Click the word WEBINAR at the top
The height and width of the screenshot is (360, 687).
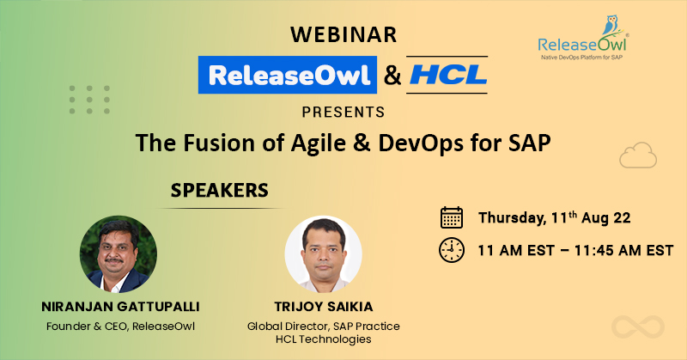point(343,34)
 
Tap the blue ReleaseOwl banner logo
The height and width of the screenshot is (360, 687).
point(287,74)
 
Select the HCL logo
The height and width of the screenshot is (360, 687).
point(447,74)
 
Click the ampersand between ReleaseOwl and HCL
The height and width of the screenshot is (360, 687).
point(392,75)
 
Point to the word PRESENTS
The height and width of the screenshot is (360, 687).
point(343,112)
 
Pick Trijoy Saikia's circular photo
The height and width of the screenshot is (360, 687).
point(323,253)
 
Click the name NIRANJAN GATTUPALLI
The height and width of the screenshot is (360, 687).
point(119,307)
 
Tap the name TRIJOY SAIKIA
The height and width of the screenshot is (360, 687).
point(323,307)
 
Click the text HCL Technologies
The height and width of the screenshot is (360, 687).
point(323,340)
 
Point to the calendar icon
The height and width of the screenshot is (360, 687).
point(451,217)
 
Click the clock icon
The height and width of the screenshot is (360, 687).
point(451,250)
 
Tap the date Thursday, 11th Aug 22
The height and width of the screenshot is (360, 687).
point(558,217)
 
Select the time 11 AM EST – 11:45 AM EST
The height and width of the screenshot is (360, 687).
point(575,250)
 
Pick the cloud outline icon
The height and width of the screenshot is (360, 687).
point(637,156)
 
